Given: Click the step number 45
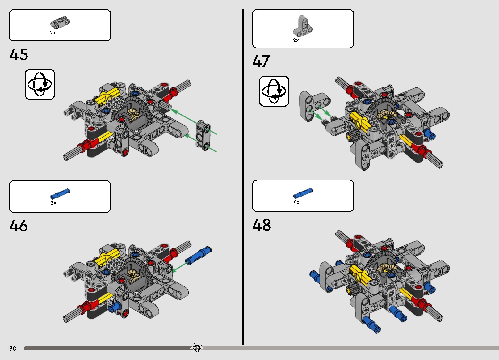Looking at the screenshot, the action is click(x=19, y=54).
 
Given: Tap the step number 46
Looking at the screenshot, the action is click(x=19, y=226).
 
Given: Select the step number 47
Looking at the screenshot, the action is click(x=261, y=61).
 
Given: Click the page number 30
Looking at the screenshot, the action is click(x=13, y=348).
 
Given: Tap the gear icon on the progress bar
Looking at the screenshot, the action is click(x=196, y=348).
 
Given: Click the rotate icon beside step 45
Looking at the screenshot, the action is click(x=40, y=84).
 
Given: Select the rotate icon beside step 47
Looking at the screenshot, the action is click(x=274, y=91).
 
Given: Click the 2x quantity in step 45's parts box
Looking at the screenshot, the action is click(x=53, y=33).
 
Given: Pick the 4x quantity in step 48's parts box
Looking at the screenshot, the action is click(x=296, y=202).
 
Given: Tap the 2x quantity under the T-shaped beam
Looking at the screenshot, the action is click(x=296, y=40).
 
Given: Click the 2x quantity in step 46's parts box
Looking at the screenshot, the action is click(x=53, y=203).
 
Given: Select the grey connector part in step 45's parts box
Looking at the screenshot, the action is click(x=60, y=23).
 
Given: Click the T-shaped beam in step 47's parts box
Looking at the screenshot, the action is click(x=303, y=26).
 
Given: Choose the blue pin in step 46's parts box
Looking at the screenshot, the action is click(x=60, y=194).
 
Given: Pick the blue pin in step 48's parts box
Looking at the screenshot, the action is click(x=303, y=193).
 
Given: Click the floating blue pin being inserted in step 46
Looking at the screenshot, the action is click(x=198, y=255).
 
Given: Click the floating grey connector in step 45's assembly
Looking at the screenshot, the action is click(x=203, y=136).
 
